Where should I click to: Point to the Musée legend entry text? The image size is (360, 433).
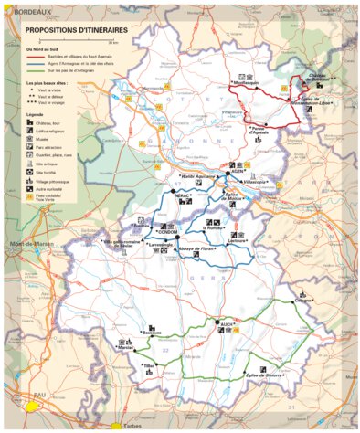[43, 139]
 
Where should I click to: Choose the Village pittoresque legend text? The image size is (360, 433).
[53, 182]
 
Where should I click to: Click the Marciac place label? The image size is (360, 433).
[127, 348]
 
